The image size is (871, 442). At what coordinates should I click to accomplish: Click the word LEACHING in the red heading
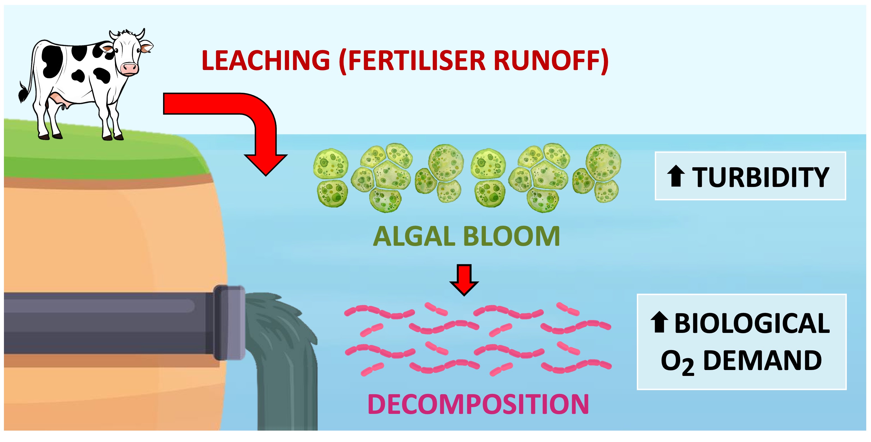pyautogui.click(x=265, y=60)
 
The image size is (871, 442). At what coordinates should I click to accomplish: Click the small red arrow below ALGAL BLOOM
pyautogui.click(x=464, y=279)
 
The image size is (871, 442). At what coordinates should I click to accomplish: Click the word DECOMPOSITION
pyautogui.click(x=478, y=404)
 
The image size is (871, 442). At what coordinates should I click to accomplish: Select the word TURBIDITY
pyautogui.click(x=761, y=177)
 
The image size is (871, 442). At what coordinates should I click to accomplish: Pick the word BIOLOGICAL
pyautogui.click(x=752, y=324)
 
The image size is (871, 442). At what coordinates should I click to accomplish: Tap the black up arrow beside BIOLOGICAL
pyautogui.click(x=659, y=322)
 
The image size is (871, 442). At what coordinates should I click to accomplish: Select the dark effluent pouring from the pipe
pyautogui.click(x=284, y=355)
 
